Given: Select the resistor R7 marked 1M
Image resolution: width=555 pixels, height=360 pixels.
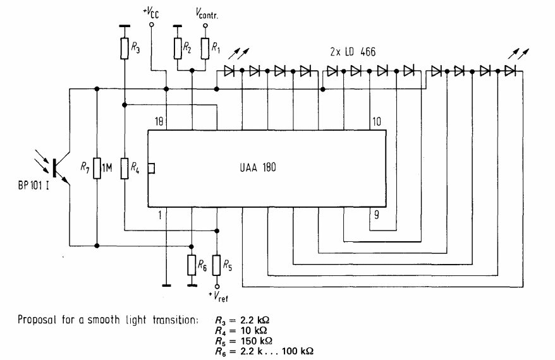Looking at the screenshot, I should coord(97,167).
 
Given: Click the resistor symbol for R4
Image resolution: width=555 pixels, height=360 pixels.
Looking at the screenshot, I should coord(125,168).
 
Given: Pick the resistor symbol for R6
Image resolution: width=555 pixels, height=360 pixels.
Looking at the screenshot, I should coord(192,265).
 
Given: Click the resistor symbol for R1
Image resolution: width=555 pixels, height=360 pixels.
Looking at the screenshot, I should coord(205,47).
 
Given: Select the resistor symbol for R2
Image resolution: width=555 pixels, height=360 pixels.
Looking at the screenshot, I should coord(179,47).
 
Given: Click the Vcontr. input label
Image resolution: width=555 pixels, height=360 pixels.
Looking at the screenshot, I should coord(205,13).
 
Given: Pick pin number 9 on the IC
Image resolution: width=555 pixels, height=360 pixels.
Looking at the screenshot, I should coord(377,215).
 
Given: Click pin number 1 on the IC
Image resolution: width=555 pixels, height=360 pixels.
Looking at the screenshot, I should coord(161,215).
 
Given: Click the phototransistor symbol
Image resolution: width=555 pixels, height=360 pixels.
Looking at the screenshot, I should coord(58,166).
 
